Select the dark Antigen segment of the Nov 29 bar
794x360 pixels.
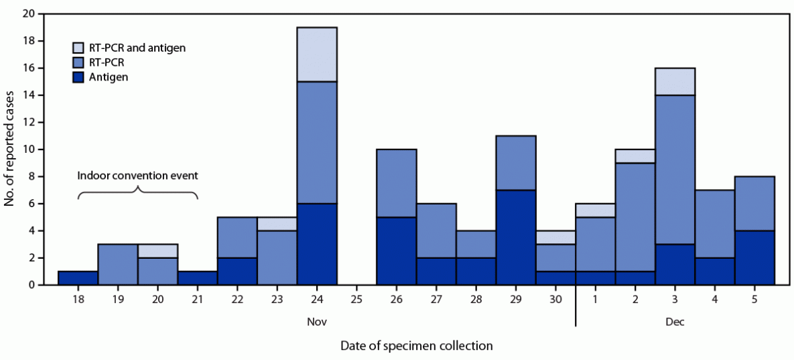tap(515, 237)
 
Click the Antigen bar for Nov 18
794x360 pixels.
tap(78, 278)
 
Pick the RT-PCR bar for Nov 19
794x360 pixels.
tap(118, 264)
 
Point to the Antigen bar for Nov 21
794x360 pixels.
tap(198, 278)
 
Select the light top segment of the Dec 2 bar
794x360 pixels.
tap(635, 156)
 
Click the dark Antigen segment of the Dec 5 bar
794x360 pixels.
tap(754, 257)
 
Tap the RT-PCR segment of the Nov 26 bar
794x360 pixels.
tap(396, 183)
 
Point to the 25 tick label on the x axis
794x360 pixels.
tap(356, 300)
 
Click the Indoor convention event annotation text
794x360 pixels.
tap(137, 177)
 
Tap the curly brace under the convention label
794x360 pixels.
tap(137, 192)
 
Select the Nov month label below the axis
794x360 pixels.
tap(317, 322)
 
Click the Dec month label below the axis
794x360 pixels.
tap(675, 322)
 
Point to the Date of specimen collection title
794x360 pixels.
tap(416, 346)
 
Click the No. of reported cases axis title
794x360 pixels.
tap(9, 149)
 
